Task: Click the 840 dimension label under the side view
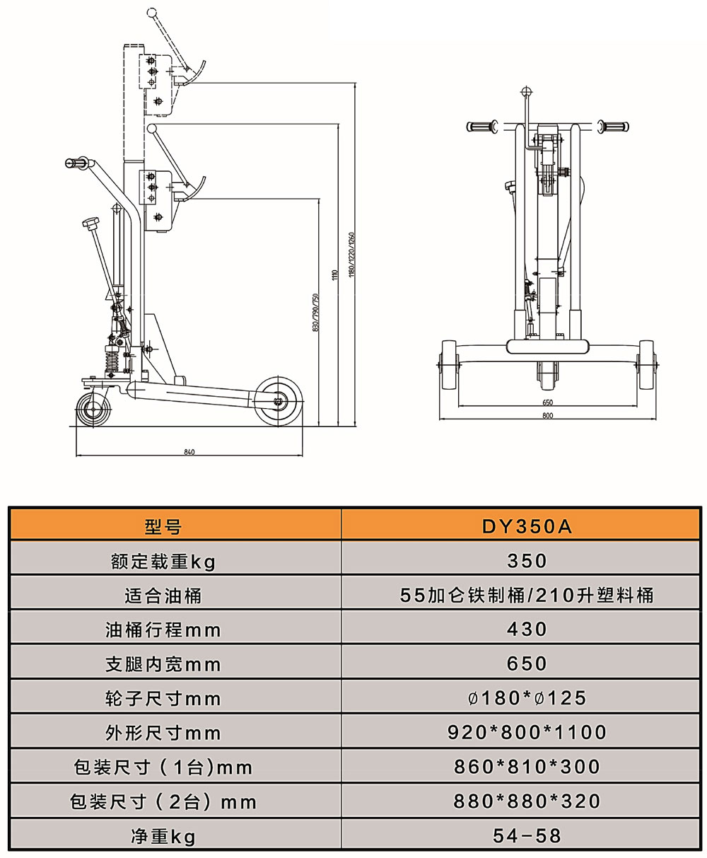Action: [189, 452]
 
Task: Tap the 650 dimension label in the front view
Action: [548, 402]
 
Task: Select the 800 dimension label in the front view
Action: [548, 415]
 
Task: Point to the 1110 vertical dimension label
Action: [334, 275]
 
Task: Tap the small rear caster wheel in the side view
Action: [94, 410]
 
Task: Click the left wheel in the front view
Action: [449, 365]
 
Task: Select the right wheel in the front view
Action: [646, 365]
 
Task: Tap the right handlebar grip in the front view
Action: [613, 126]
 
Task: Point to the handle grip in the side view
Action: [77, 163]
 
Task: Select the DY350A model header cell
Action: [527, 526]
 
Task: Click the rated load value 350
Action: [527, 561]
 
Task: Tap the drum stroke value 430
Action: [527, 629]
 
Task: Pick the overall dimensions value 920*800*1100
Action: [527, 732]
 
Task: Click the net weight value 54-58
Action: [527, 835]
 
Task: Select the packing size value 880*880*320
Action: [527, 801]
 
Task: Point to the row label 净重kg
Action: [163, 836]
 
